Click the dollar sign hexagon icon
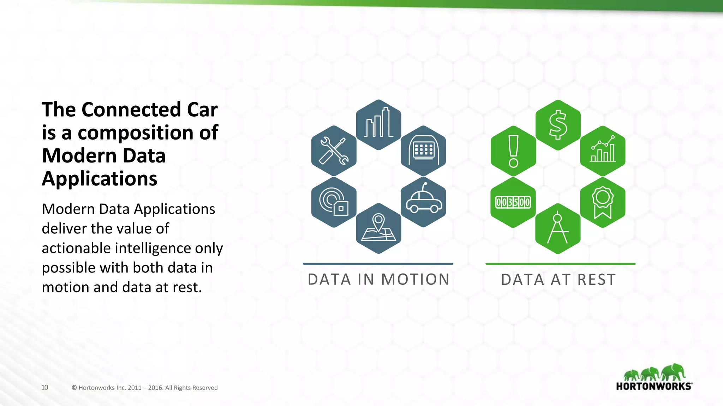(x=558, y=125)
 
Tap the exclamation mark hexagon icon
(x=513, y=151)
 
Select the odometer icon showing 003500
(x=513, y=202)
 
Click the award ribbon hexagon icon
(x=603, y=202)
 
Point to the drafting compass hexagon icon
(x=558, y=228)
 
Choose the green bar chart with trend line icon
(x=603, y=151)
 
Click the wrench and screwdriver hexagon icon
(x=334, y=151)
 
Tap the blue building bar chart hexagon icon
(x=378, y=125)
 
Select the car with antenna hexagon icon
(x=423, y=202)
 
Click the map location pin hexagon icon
(x=378, y=228)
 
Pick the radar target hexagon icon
(x=334, y=202)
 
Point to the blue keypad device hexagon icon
(x=423, y=151)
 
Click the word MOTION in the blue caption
(x=416, y=279)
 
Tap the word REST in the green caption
(x=597, y=279)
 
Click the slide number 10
(x=44, y=387)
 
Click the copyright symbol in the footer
(x=74, y=388)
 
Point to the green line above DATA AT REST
(x=560, y=264)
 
